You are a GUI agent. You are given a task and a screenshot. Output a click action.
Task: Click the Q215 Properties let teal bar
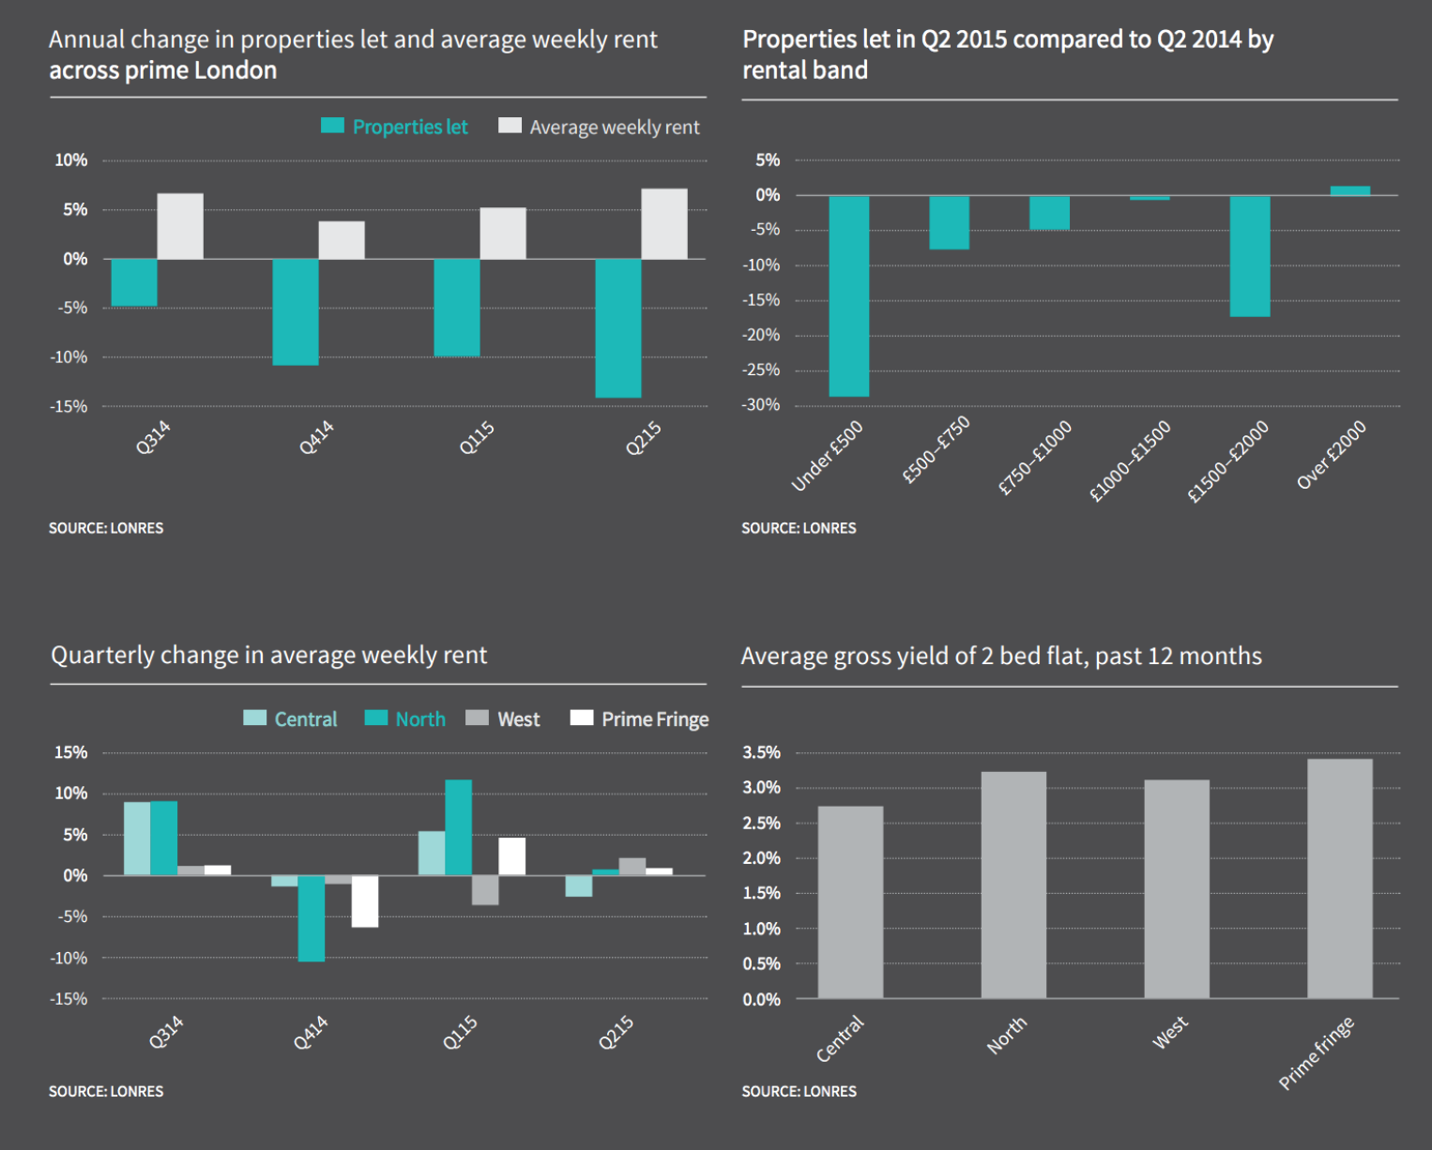618,327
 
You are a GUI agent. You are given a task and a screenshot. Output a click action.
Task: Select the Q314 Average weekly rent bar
180,226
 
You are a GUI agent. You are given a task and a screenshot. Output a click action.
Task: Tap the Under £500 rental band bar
849,295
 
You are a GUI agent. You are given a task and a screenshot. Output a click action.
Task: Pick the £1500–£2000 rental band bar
1250,256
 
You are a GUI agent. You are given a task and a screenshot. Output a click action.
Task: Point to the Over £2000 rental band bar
1350,190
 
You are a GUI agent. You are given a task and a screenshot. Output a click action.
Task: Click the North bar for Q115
458,827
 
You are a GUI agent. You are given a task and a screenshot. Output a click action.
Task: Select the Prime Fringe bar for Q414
365,901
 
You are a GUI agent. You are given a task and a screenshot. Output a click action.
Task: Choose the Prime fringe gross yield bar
1339,878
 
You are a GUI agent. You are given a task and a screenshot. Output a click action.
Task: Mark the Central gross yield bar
850,901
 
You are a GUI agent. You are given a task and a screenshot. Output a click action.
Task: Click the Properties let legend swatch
332,126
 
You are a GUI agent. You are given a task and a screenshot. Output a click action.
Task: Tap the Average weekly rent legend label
614,128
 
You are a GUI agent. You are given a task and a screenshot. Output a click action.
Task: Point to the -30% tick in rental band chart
762,405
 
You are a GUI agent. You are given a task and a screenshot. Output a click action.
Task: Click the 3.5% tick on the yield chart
761,752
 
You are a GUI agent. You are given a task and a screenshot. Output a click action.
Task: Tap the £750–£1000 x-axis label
1034,458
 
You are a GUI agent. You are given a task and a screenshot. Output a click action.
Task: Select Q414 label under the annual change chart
316,438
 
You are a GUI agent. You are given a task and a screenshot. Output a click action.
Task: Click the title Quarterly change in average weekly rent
269,655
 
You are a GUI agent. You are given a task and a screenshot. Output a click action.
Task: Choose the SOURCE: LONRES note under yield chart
799,1091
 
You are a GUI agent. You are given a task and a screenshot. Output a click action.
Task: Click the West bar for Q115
485,890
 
